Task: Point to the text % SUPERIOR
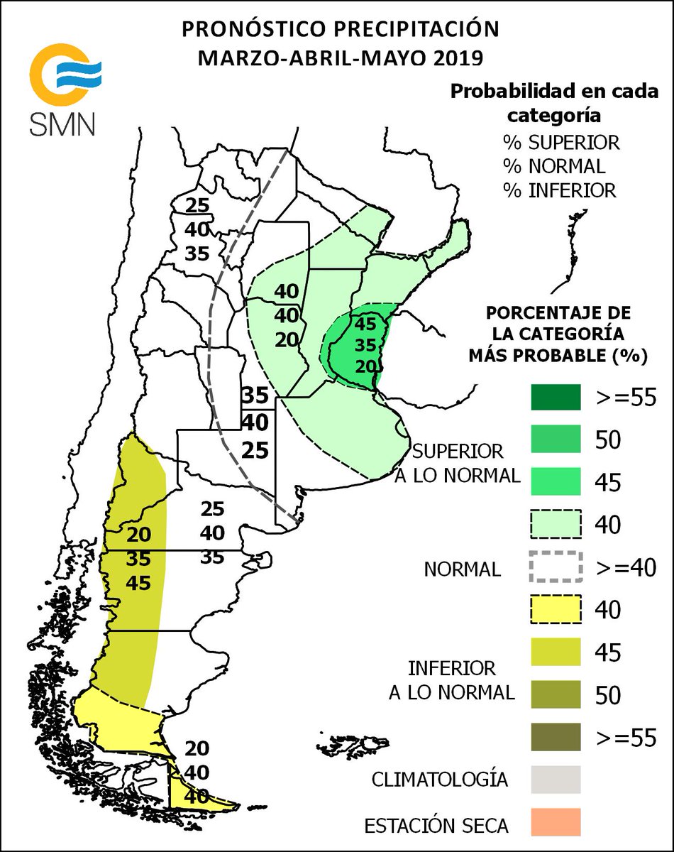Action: tap(561, 142)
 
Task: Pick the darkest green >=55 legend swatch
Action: tap(556, 398)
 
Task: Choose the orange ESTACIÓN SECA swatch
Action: tap(556, 821)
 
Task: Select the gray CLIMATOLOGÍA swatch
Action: tap(556, 779)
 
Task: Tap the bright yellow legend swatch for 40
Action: tap(556, 609)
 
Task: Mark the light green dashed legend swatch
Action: tap(556, 525)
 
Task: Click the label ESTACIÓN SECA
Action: tap(436, 826)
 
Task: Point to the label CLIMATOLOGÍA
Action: tap(440, 779)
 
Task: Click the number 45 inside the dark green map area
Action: tap(365, 324)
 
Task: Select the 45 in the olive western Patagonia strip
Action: tap(139, 583)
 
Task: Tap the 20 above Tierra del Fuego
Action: tap(197, 748)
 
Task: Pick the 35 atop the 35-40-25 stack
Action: tap(254, 395)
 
